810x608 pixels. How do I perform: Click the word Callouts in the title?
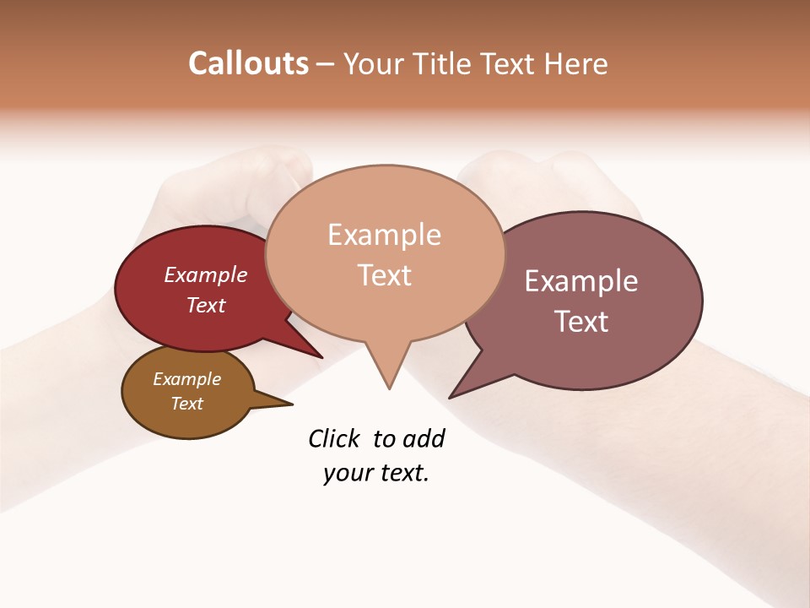pyautogui.click(x=248, y=63)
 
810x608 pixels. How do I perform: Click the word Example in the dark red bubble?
pyautogui.click(x=206, y=274)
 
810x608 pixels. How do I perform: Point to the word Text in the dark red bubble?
pyautogui.click(x=206, y=305)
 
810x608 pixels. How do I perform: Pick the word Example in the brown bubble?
pyautogui.click(x=186, y=379)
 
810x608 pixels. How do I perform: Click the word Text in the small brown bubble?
pyautogui.click(x=186, y=404)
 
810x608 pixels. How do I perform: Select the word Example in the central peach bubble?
pyautogui.click(x=384, y=235)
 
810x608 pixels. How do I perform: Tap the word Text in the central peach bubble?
pyautogui.click(x=384, y=275)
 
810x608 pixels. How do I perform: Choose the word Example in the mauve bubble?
pyautogui.click(x=581, y=281)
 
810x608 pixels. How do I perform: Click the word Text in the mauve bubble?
pyautogui.click(x=581, y=322)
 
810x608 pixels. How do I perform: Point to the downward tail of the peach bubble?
pyautogui.click(x=388, y=376)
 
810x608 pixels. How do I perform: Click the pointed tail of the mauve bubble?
pyautogui.click(x=461, y=389)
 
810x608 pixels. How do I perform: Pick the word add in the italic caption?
pyautogui.click(x=424, y=438)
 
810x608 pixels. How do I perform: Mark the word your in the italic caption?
pyautogui.click(x=347, y=473)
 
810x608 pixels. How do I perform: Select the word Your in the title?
pyautogui.click(x=374, y=63)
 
